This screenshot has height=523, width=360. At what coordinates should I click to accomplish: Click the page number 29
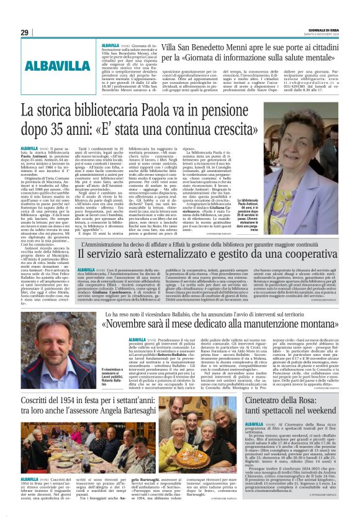[x=25, y=32]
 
